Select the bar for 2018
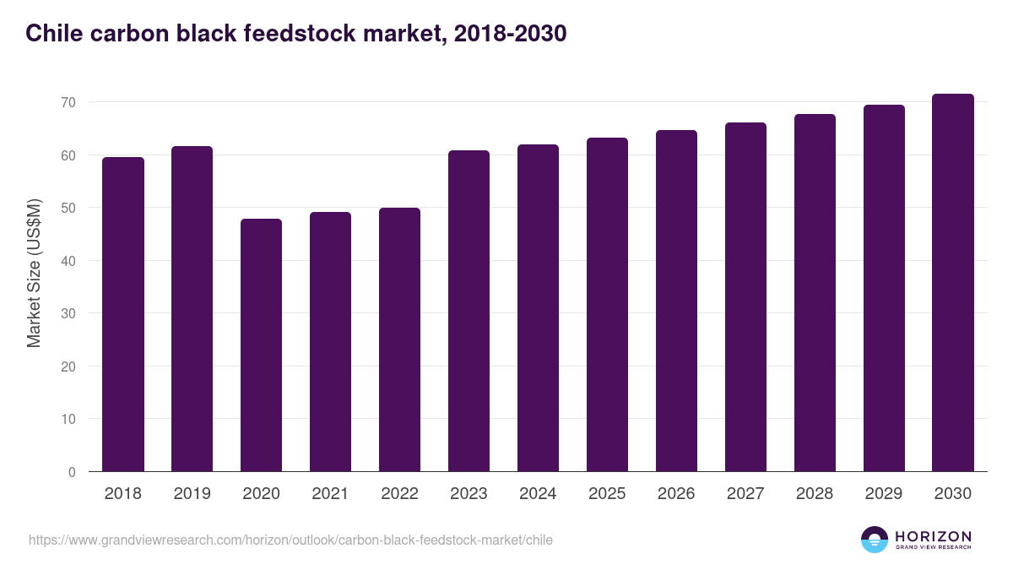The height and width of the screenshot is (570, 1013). [x=123, y=314]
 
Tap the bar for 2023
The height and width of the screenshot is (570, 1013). [x=469, y=311]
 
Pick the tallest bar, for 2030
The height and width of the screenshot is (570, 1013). [x=953, y=283]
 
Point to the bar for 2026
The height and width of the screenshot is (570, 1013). [x=676, y=301]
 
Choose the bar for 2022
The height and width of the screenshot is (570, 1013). [x=399, y=339]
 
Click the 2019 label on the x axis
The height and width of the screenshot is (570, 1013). [x=192, y=494]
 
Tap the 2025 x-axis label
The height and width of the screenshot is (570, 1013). [x=607, y=494]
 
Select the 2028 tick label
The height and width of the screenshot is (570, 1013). [x=815, y=494]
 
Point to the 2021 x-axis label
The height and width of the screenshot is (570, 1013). [x=330, y=494]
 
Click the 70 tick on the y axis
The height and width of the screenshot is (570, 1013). [x=68, y=102]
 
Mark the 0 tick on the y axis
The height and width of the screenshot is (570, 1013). [x=72, y=472]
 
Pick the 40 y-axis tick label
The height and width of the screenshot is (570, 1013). [x=68, y=261]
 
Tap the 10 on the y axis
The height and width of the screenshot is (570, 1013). [x=68, y=420]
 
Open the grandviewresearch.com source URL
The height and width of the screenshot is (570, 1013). [x=290, y=540]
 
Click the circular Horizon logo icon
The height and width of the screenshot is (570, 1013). [x=875, y=540]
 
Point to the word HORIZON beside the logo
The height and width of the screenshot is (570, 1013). [x=933, y=536]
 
